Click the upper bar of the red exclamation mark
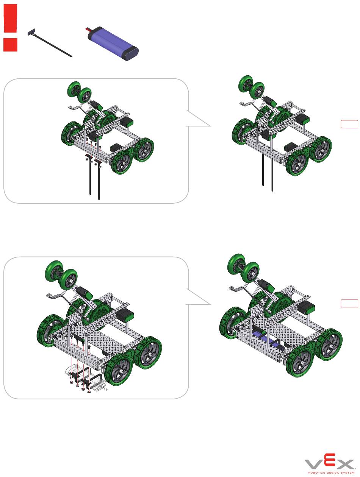coord(11,19)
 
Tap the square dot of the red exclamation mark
coord(10,45)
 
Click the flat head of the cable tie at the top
coord(32,32)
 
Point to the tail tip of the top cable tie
coord(72,56)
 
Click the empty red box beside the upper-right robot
coord(349,124)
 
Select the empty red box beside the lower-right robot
coord(349,303)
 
